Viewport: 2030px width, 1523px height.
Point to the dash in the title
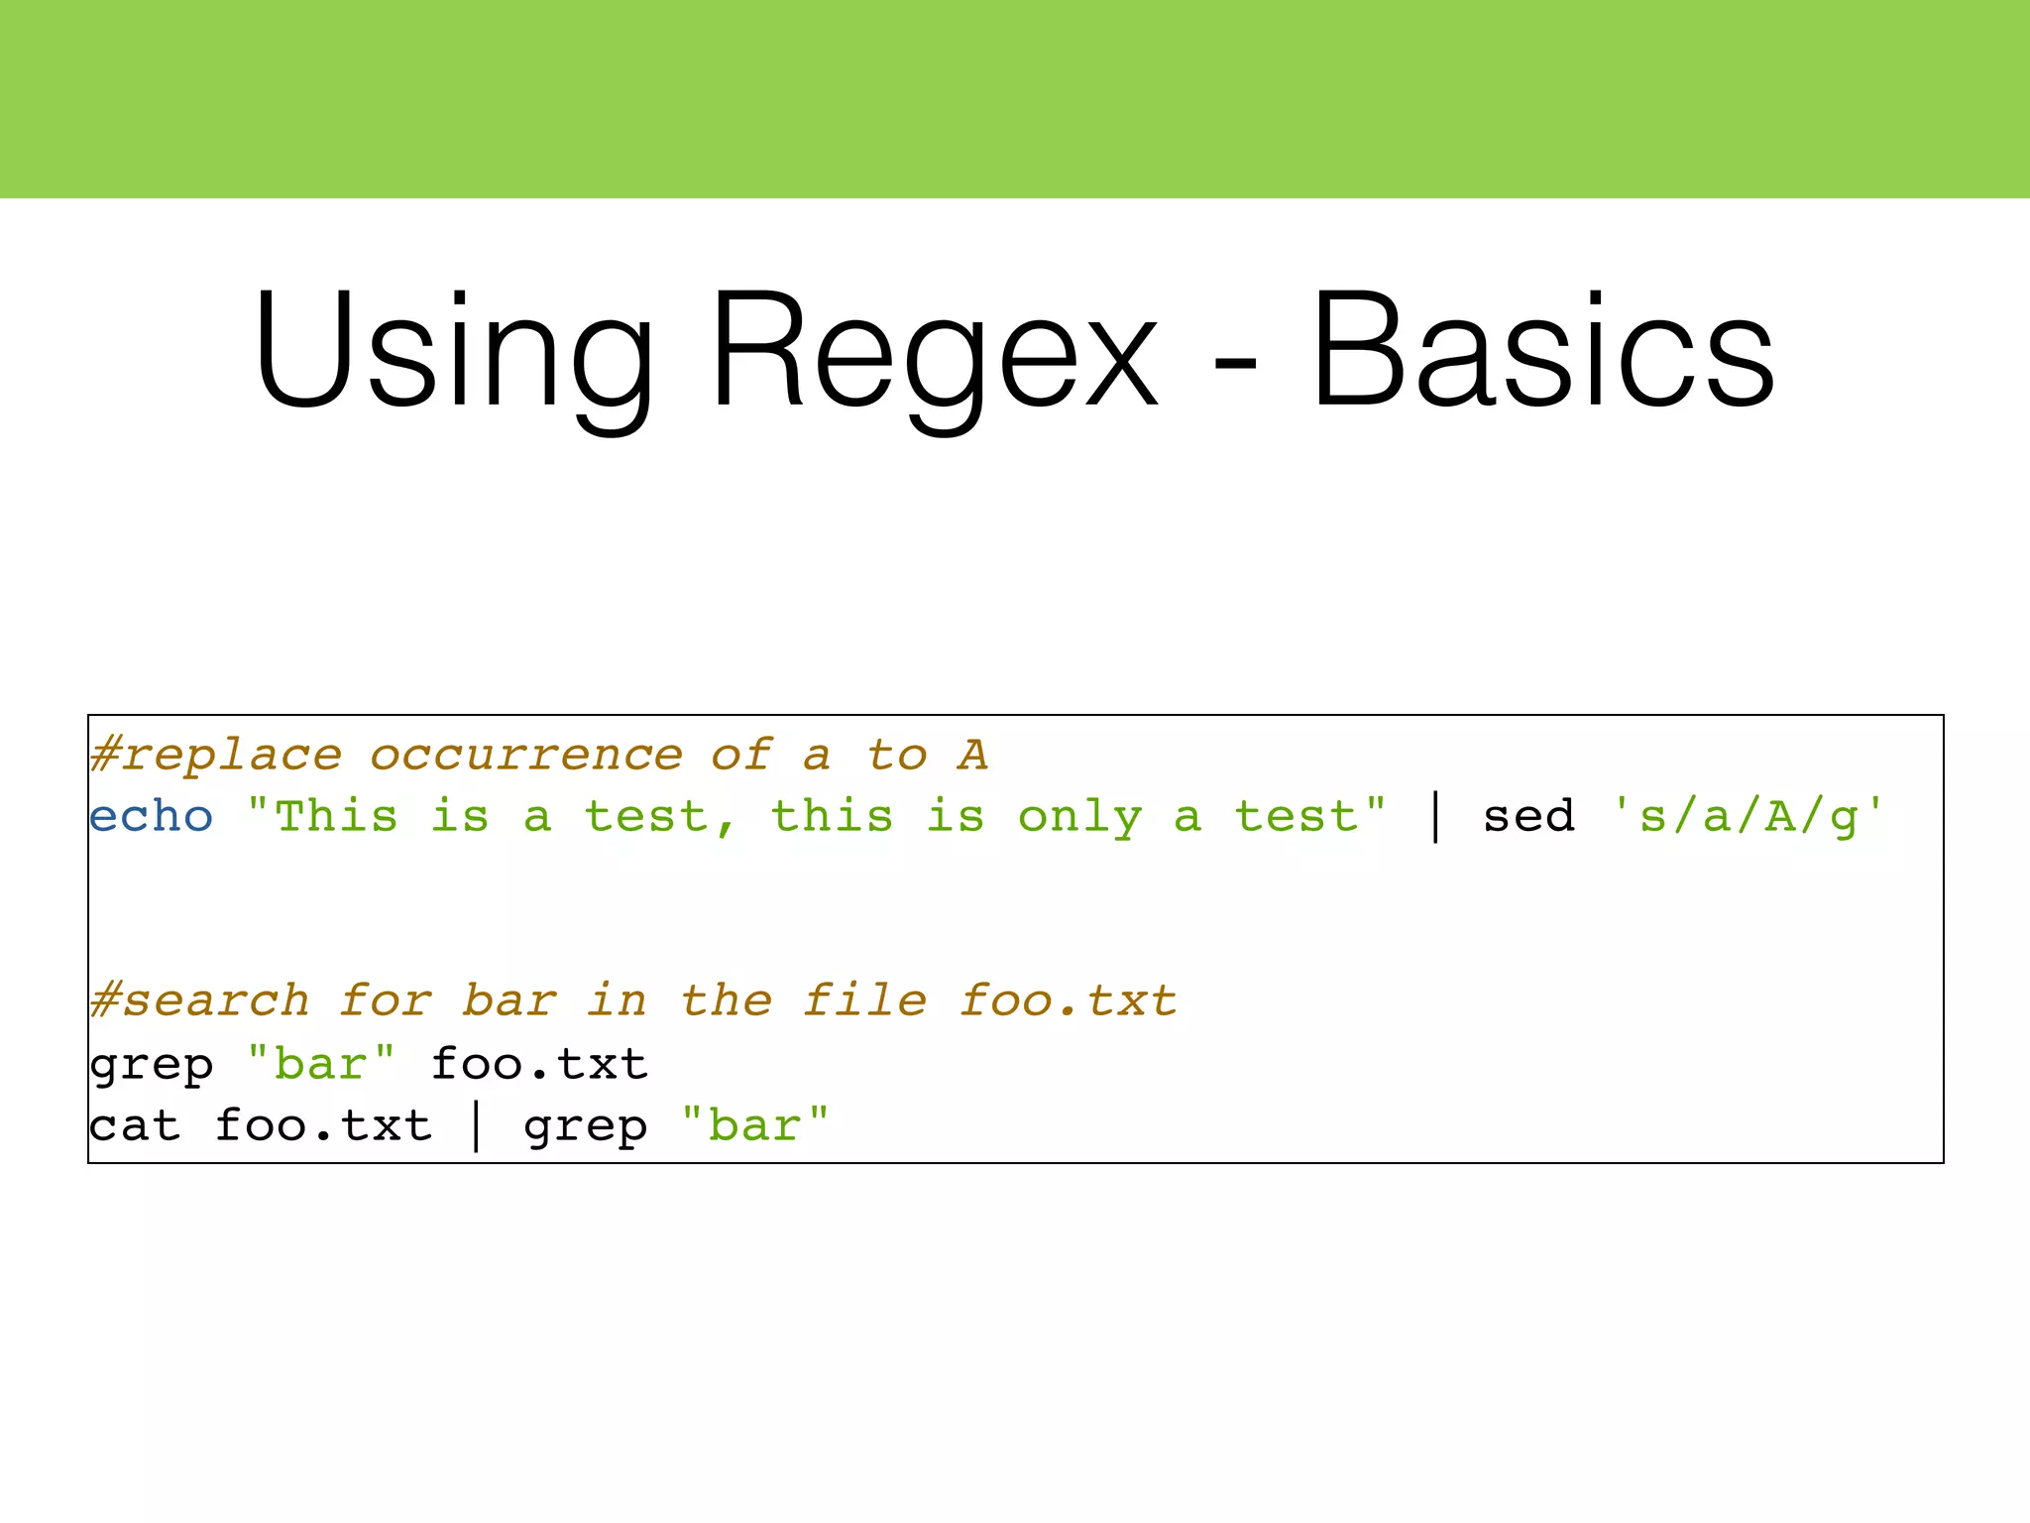(1235, 362)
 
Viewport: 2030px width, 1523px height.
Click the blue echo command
(151, 817)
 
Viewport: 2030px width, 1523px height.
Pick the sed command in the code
(1528, 817)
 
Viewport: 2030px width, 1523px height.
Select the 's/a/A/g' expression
(1748, 817)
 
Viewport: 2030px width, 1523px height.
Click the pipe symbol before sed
(1436, 819)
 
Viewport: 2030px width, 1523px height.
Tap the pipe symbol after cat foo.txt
(477, 1127)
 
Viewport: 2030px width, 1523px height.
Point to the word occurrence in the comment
(526, 756)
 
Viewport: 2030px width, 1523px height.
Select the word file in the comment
(865, 1000)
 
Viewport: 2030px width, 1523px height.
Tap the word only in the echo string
(1079, 817)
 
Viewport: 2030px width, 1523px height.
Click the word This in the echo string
(336, 817)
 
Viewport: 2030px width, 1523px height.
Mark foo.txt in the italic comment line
(1069, 1000)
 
